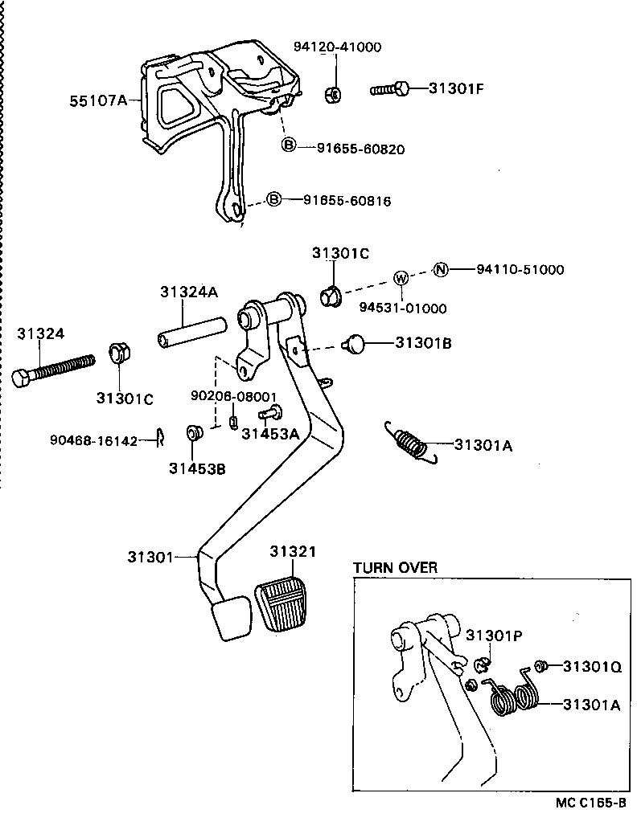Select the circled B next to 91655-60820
289,145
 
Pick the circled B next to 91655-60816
274,199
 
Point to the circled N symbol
440,269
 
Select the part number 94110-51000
520,270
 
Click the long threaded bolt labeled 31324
53,369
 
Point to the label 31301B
423,343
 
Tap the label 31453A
270,435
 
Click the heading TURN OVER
396,568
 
